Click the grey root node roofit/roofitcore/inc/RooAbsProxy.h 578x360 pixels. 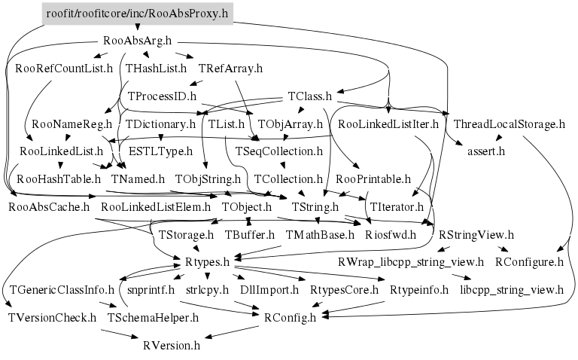[136, 14]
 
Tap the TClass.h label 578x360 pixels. [310, 96]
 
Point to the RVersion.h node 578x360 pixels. [172, 346]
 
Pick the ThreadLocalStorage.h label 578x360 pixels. [510, 124]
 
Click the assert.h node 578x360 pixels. [485, 151]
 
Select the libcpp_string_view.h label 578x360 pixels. [512, 289]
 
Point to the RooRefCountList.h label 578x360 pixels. [64, 69]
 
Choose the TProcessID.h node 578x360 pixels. [162, 96]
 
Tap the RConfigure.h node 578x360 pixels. [529, 262]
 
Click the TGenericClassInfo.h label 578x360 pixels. [62, 289]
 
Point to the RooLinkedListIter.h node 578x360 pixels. [388, 124]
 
